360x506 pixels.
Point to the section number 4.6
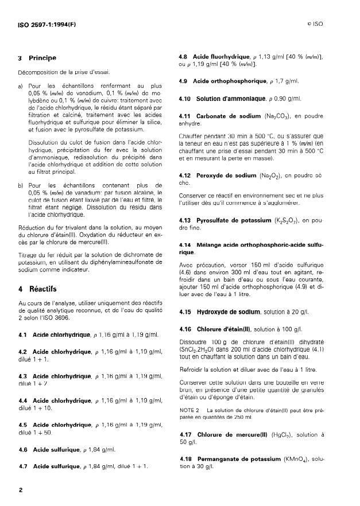(x=24, y=450)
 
